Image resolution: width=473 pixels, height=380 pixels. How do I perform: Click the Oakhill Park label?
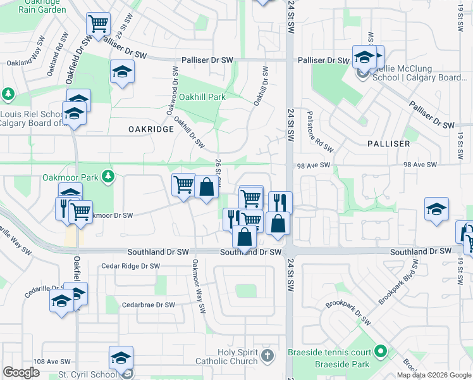pyautogui.click(x=202, y=98)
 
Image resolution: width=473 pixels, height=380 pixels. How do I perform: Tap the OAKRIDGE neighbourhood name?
pyautogui.click(x=150, y=129)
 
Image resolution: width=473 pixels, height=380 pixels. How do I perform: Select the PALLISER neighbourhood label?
pyautogui.click(x=389, y=144)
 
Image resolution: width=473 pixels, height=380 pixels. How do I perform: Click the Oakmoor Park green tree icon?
pyautogui.click(x=108, y=175)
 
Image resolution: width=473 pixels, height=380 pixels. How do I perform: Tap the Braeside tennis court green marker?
pyautogui.click(x=380, y=350)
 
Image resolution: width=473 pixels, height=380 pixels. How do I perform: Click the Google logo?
pyautogui.click(x=21, y=372)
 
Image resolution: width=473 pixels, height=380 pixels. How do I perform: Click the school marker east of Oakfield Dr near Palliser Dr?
pyautogui.click(x=122, y=72)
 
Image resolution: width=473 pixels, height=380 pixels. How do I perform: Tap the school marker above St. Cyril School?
pyautogui.click(x=121, y=358)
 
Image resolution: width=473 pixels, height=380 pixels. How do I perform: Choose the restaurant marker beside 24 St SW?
pyautogui.click(x=280, y=203)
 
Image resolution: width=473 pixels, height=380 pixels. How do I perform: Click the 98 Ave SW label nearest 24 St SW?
pyautogui.click(x=314, y=165)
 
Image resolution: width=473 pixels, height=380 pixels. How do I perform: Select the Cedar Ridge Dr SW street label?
pyautogui.click(x=130, y=266)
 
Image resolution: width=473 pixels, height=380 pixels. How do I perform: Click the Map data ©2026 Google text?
pyautogui.click(x=433, y=375)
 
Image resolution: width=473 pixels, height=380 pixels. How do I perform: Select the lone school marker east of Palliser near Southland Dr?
pyautogui.click(x=437, y=210)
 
